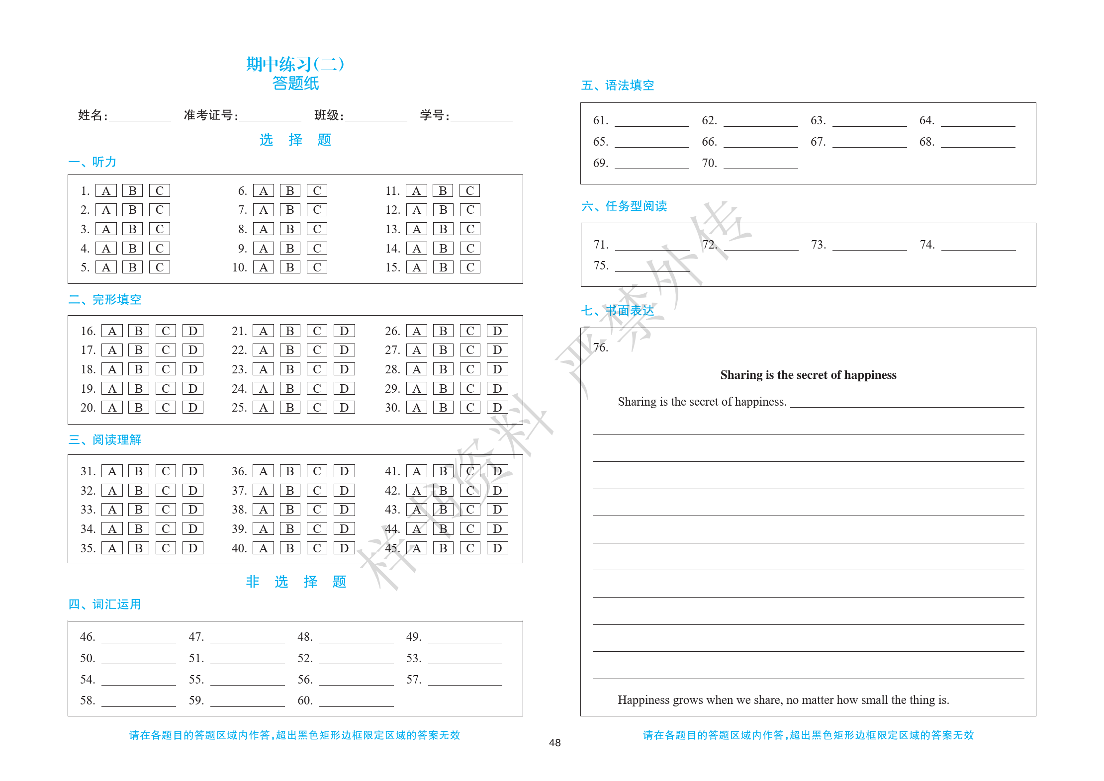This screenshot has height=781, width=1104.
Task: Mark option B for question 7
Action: point(290,210)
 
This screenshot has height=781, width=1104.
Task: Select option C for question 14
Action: point(470,248)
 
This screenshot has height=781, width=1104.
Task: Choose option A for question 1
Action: point(106,191)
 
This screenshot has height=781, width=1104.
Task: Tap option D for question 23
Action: point(344,369)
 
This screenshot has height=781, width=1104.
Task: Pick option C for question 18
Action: point(166,369)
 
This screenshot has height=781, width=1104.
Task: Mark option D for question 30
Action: point(497,408)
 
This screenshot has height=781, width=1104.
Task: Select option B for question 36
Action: point(290,471)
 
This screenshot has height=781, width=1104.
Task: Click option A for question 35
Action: point(112,548)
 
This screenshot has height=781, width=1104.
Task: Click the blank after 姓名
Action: point(140,117)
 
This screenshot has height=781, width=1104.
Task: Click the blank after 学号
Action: point(481,117)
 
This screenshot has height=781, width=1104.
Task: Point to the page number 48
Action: point(554,743)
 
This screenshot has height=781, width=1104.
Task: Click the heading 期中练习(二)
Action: point(295,64)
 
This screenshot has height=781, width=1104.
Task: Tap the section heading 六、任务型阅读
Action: point(624,206)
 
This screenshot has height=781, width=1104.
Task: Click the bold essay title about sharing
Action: point(808,375)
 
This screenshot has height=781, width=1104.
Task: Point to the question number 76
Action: point(601,347)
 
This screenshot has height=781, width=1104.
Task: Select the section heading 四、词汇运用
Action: point(105,605)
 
